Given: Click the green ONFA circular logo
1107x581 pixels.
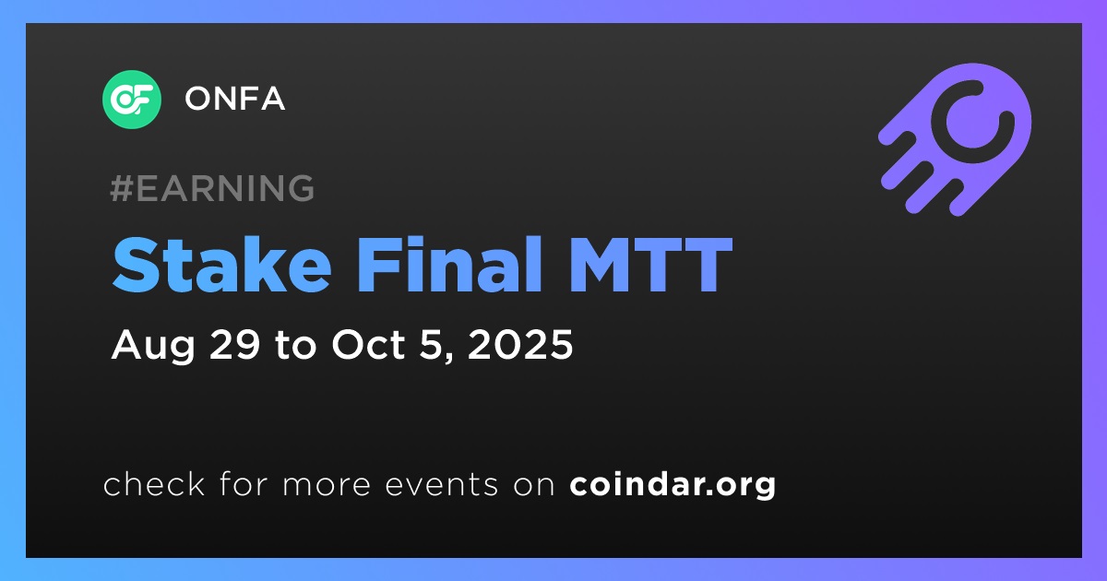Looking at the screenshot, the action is point(131,100).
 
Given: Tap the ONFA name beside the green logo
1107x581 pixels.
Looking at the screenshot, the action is point(234,99).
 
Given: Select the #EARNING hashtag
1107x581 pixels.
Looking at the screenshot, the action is point(212,188).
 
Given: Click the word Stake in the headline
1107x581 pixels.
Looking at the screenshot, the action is point(221,265).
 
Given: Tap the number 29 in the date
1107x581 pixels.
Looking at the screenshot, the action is point(234,344).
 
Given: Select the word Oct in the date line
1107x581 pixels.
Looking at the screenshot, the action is point(368,344).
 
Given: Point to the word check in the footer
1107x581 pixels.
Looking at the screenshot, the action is point(154,484).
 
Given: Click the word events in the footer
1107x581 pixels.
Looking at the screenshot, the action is point(441,485).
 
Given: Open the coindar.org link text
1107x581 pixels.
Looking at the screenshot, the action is point(673,485).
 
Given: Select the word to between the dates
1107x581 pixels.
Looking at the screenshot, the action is point(295,345).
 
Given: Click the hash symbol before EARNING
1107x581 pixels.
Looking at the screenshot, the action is point(122,188).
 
